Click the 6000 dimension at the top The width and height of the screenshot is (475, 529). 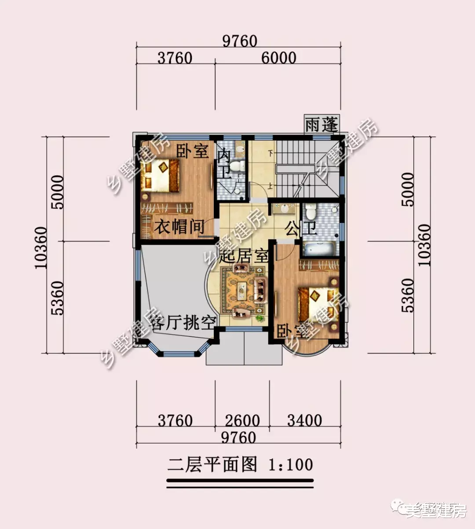tap(279, 58)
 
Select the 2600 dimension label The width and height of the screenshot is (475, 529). tap(242, 421)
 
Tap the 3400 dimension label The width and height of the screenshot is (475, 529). tap(304, 420)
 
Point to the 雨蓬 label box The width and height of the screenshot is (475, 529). tap(322, 125)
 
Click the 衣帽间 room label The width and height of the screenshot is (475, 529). tap(179, 227)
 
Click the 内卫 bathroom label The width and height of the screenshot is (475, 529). tap(225, 163)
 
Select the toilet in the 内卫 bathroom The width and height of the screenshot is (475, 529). tap(237, 166)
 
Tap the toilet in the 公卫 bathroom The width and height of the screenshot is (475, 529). tap(311, 212)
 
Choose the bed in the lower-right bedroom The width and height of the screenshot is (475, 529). tap(318, 304)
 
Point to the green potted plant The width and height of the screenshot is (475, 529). tap(259, 317)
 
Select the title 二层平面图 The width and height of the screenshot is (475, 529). tap(212, 465)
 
